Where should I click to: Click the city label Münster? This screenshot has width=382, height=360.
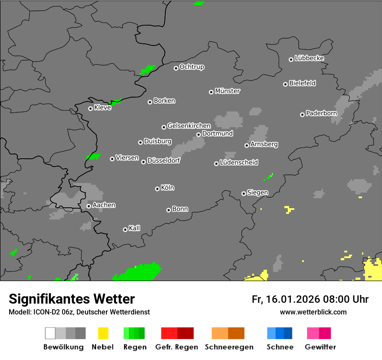[x=227, y=91]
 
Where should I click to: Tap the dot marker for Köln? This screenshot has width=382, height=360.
[x=157, y=189]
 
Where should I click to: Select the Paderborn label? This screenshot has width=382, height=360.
[x=322, y=113]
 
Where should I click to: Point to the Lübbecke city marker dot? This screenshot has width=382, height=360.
[x=291, y=59]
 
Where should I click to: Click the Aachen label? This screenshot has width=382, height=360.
[x=104, y=205]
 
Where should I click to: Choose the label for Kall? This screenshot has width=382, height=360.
[x=135, y=228]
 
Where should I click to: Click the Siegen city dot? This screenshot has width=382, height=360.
[x=244, y=193]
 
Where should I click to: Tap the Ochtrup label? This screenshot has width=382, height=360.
[x=192, y=67]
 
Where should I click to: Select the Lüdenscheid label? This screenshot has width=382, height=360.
[x=239, y=163]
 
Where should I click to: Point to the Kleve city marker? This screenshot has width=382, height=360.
[x=90, y=108]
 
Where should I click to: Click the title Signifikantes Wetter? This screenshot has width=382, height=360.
[x=72, y=299]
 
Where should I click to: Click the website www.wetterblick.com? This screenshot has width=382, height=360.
[x=313, y=312]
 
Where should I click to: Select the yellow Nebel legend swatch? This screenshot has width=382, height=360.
[x=103, y=333]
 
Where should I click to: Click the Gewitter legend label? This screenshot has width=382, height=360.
[x=320, y=347]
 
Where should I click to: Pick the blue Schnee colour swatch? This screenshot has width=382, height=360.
[x=280, y=333]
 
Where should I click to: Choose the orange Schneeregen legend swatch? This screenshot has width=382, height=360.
[x=228, y=333]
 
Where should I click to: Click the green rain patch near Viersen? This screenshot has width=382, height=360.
[x=93, y=156]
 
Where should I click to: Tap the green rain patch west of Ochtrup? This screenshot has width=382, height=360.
[x=148, y=69]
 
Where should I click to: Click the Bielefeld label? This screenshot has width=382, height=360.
[x=303, y=83]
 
